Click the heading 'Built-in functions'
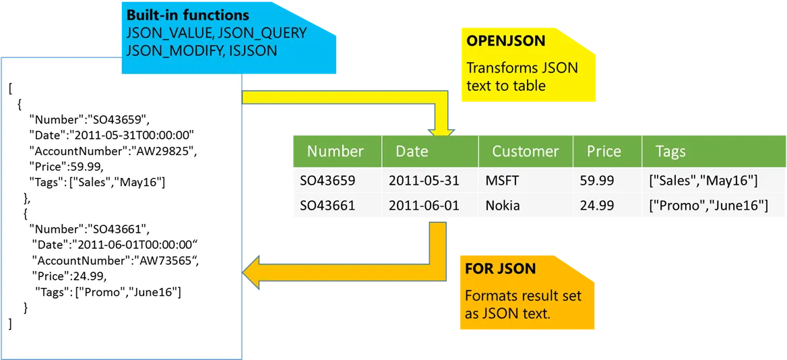click(188, 15)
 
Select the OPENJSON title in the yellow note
click(506, 41)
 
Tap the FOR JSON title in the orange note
click(501, 268)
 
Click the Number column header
click(335, 151)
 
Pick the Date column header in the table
click(412, 151)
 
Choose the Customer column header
click(525, 151)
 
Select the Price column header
click(604, 151)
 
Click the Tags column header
click(670, 151)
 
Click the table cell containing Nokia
click(503, 206)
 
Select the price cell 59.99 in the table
click(596, 181)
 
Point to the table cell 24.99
click(596, 206)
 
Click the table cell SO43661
click(327, 206)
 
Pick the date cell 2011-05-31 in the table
click(424, 181)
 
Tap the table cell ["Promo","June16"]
click(708, 206)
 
